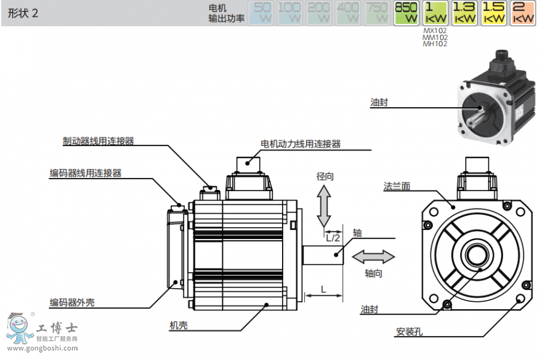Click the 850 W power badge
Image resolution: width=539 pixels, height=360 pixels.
[405, 13]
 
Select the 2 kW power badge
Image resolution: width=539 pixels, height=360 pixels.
[523, 13]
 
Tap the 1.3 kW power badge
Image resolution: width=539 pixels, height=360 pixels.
[464, 13]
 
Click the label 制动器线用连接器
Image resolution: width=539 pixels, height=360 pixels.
[98, 141]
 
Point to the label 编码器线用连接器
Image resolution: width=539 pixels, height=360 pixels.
[85, 173]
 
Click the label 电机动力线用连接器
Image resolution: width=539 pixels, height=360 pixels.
[301, 144]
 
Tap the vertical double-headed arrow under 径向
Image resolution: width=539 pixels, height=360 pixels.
[324, 205]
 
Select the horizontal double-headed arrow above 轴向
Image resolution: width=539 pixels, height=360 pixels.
[373, 257]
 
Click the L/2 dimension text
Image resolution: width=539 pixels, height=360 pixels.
[333, 237]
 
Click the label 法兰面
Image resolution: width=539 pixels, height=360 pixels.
[396, 186]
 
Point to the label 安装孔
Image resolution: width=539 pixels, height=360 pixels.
[409, 331]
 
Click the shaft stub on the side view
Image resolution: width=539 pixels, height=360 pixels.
[323, 256]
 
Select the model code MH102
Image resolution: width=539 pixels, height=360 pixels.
[435, 43]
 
